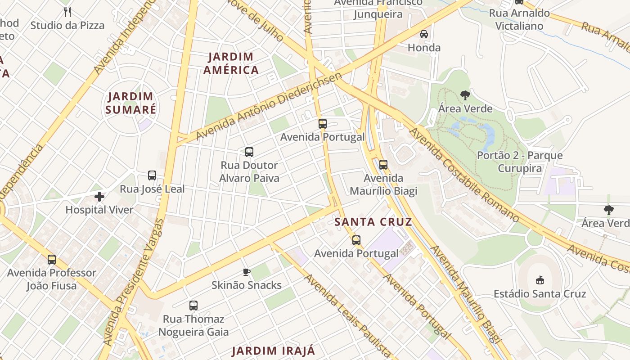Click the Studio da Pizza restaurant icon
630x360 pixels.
point(67,12)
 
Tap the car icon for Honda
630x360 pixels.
point(423,34)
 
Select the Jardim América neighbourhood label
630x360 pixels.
point(231,63)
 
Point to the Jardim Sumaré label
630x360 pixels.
point(130,103)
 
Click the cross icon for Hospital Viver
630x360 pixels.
point(99,196)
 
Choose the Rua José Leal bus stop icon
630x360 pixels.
point(152,175)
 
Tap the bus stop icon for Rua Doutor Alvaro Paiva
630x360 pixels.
point(249,152)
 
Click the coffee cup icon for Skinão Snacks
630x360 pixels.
point(246,272)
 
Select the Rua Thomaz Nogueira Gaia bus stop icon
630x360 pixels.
point(193,306)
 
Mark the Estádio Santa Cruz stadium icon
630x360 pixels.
point(540,280)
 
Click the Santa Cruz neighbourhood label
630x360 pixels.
point(373,222)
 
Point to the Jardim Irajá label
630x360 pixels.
point(273,351)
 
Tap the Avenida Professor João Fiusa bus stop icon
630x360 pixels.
point(52,260)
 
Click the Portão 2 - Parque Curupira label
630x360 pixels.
point(519,162)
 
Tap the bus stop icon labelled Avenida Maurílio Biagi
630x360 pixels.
point(383,165)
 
